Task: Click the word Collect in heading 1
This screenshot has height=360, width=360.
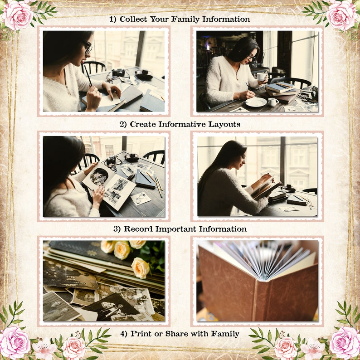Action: point(133,19)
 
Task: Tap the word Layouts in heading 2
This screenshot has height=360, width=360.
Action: point(224,124)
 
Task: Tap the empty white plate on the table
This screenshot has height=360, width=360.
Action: point(256,102)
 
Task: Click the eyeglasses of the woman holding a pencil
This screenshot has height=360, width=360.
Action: point(87,47)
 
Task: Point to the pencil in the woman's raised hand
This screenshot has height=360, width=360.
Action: point(88,75)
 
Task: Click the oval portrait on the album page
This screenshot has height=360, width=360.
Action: point(99,176)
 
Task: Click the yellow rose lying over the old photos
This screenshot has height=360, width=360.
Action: point(141,268)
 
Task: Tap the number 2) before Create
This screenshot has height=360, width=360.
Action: point(123,124)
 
